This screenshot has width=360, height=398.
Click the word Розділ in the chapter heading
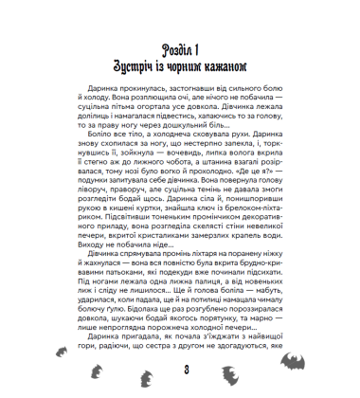pyautogui.click(x=169, y=49)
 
